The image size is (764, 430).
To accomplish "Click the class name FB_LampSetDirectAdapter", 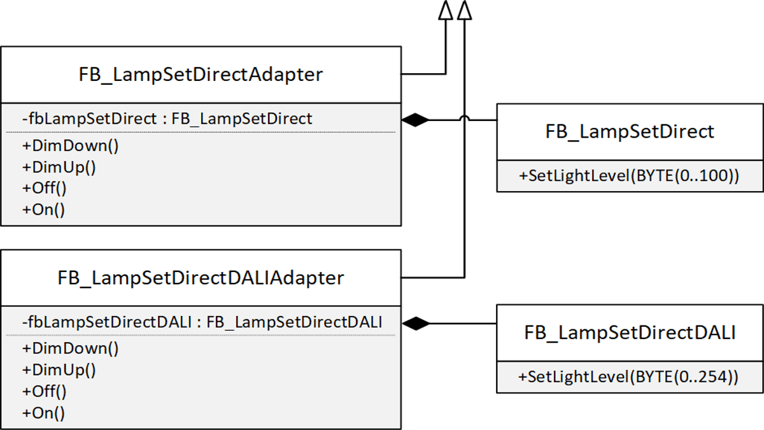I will (x=201, y=75).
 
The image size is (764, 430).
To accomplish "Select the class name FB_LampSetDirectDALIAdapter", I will (x=201, y=278).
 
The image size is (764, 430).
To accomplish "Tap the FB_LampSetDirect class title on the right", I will (x=630, y=131).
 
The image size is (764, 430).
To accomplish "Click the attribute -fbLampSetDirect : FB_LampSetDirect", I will (x=167, y=118).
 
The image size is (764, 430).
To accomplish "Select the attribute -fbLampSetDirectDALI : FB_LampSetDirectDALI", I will (x=202, y=322).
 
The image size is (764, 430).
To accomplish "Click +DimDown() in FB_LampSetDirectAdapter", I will (x=71, y=145).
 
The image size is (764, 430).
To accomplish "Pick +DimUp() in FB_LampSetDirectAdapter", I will (x=59, y=167).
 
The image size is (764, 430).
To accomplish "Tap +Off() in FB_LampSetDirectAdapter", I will (x=45, y=188).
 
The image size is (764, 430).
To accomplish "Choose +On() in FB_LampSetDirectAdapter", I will (x=43, y=210).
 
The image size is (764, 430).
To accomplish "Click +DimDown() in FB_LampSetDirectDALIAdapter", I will (x=71, y=348).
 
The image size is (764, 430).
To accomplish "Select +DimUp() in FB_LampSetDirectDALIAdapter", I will (x=59, y=369).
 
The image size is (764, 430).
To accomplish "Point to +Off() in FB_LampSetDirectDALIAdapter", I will (x=45, y=391).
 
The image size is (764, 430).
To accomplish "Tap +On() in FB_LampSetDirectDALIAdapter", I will (x=43, y=413).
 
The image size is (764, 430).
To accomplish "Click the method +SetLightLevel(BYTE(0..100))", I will (x=629, y=176).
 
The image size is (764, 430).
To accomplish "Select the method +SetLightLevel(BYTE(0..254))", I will (x=629, y=377).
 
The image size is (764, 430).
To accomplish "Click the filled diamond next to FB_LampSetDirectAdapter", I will (x=416, y=120).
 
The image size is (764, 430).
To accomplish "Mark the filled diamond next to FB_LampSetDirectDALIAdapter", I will (x=416, y=324).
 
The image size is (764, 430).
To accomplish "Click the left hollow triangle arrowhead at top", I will (x=446, y=10).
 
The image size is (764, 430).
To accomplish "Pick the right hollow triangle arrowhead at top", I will (x=465, y=10).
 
